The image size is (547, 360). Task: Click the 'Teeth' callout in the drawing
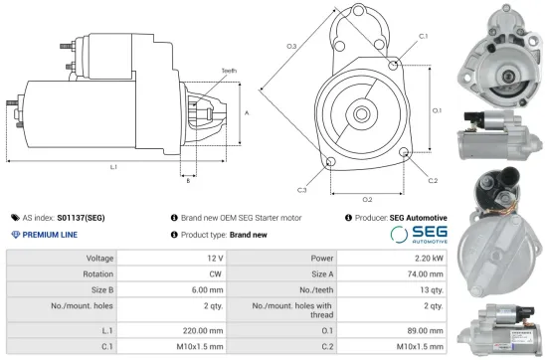pos(229,71)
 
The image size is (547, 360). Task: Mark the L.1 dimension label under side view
pos(113,167)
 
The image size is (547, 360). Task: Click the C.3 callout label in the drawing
pos(300,189)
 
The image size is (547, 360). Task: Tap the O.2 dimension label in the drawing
pos(367,199)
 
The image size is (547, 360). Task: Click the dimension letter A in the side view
pos(245,113)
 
